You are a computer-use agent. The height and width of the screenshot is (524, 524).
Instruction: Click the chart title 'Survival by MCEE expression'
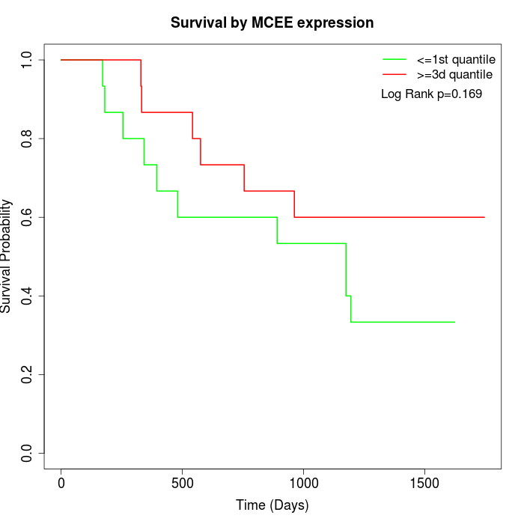(272, 22)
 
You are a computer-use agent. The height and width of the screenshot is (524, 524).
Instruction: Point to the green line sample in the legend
(394, 58)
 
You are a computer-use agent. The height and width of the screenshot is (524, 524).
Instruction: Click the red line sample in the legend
(394, 74)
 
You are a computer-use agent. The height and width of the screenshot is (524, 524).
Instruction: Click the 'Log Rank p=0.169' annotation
(431, 94)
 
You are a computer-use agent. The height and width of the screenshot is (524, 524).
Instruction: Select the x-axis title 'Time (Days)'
(272, 505)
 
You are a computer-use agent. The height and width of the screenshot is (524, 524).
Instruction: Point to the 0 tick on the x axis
(61, 483)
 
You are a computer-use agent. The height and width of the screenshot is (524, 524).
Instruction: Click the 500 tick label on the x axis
(183, 483)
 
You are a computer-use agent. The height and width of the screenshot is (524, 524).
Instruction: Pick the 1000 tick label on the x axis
(303, 483)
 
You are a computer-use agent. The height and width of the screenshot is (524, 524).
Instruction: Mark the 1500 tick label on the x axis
(424, 483)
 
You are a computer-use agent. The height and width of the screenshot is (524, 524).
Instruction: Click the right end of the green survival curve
(454, 322)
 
